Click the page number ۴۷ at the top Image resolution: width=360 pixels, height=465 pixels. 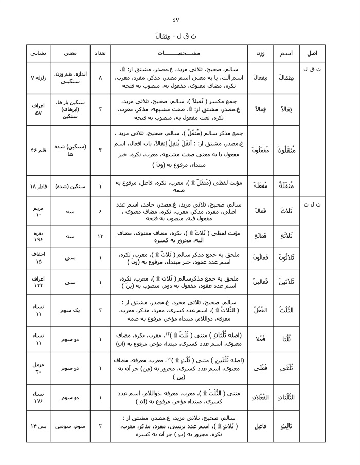click(x=179, y=20)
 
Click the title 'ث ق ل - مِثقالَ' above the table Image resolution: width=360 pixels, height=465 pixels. click(x=179, y=37)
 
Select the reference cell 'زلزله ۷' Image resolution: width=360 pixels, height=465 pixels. click(x=39, y=77)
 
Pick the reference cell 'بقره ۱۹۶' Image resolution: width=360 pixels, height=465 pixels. click(x=39, y=236)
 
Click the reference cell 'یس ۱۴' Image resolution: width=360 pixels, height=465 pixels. click(x=39, y=426)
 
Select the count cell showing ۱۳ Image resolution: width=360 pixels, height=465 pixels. click(x=100, y=236)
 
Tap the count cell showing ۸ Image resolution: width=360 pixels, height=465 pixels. click(x=100, y=77)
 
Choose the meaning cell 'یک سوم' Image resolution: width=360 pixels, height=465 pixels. click(x=70, y=310)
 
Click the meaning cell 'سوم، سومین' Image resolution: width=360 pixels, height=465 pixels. click(x=70, y=426)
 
